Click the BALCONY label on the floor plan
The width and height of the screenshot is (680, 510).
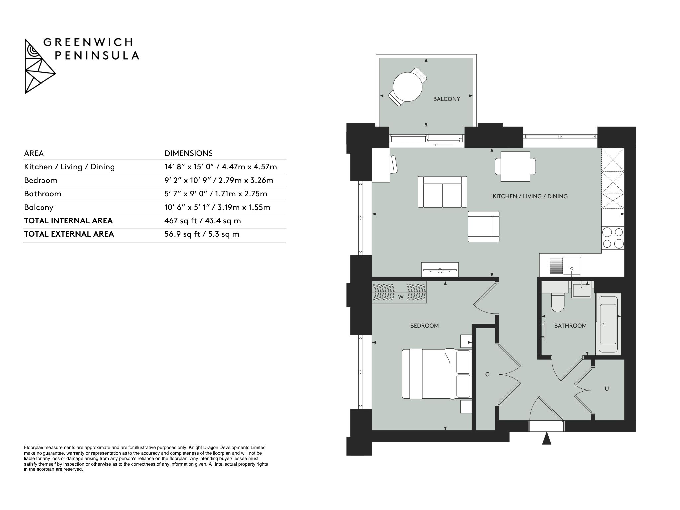pos(446,99)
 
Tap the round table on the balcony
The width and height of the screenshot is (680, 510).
pos(408,87)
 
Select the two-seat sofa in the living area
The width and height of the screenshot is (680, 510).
pos(442,192)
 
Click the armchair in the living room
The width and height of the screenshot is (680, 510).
pos(484,226)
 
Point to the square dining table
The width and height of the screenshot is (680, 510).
pos(515,166)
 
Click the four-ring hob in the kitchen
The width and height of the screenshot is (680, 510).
pos(613,238)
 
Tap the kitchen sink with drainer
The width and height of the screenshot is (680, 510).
pos(565,266)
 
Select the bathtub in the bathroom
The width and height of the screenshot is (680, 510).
pos(608,324)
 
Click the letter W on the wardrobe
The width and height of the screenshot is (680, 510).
pos(401,297)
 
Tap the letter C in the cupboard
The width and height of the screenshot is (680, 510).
pos(487,374)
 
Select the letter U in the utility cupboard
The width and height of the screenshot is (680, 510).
pos(607,389)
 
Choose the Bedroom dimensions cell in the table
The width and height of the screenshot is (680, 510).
pos(219,180)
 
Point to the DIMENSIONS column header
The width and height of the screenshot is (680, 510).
pos(188,153)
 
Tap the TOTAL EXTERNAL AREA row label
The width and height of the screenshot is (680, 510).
pos(69,234)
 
